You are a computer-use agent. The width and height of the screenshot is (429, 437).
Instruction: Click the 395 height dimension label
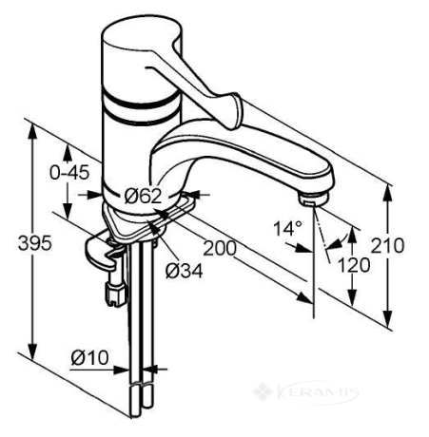click(x=35, y=243)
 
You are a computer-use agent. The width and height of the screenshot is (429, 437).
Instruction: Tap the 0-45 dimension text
click(x=69, y=173)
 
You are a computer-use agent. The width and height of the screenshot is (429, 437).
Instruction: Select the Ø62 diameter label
click(x=143, y=197)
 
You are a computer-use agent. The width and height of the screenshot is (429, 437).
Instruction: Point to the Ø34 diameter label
click(x=185, y=271)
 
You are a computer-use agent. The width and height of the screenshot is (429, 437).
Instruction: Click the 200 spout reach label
click(x=220, y=248)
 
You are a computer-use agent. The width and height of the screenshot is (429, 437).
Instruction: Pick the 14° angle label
click(x=288, y=229)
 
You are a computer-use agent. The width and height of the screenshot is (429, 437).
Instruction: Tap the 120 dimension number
click(x=354, y=265)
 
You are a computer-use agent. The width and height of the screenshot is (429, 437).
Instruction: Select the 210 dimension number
click(x=387, y=245)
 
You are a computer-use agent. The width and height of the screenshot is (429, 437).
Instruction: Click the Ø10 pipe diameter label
click(x=90, y=357)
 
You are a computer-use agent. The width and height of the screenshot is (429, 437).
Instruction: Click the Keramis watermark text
click(x=318, y=392)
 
